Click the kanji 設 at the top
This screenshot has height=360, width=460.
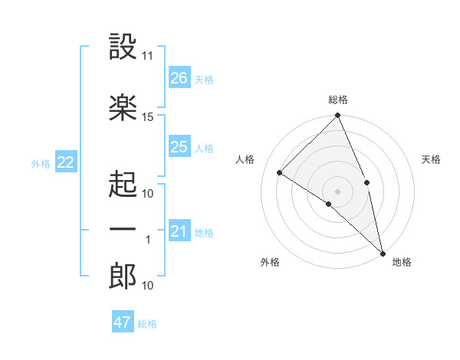123,47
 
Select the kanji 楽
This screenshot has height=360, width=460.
123,106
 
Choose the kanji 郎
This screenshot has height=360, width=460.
123,277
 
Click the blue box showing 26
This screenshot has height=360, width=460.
179,78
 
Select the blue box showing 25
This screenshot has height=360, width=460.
179,147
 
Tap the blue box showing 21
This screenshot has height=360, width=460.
179,231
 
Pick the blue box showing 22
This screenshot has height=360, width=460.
66,162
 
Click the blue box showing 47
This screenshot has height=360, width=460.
123,322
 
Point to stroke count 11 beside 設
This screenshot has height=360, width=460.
148,56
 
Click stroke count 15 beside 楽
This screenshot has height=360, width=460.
148,116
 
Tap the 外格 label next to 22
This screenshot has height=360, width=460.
41,163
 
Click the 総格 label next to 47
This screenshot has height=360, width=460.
147,324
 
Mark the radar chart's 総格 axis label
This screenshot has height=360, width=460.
338,100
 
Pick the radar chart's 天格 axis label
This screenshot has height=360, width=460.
432,159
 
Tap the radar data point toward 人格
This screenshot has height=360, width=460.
280,172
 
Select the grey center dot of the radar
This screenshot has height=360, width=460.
337,191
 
